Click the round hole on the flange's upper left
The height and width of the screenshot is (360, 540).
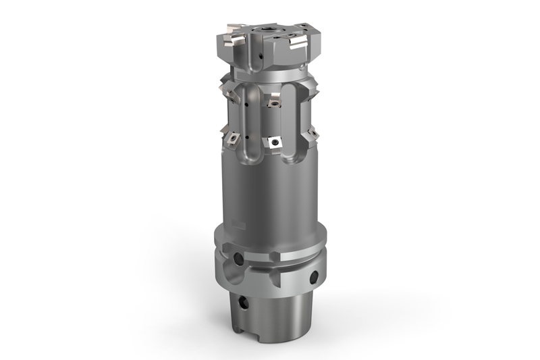tap(237, 259)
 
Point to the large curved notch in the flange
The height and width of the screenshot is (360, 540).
tap(230, 276)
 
